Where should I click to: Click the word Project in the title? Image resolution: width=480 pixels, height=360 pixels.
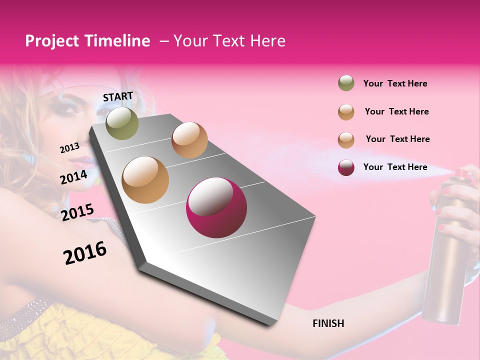pos(52,41)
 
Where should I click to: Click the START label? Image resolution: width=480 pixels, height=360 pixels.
pos(118,96)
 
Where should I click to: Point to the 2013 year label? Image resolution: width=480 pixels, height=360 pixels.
pos(69,148)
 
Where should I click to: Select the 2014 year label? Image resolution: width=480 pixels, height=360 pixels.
pos(73,177)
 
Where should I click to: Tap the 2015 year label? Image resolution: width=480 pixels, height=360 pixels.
pos(77,212)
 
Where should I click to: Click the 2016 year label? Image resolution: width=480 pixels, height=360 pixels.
pos(85,252)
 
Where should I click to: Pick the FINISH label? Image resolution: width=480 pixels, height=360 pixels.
pos(328,323)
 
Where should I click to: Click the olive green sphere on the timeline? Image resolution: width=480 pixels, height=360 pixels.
pos(122,123)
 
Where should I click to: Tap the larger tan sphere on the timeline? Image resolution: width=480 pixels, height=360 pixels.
pos(145,180)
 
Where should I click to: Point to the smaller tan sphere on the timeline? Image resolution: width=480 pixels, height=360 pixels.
pos(189,140)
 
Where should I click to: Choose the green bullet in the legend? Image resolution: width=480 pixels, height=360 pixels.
pos(346,83)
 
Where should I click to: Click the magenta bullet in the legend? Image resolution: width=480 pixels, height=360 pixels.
pos(346,167)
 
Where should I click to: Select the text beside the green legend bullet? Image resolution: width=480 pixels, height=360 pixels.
pos(395,83)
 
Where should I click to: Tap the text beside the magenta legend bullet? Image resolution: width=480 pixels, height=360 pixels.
pos(395,167)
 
